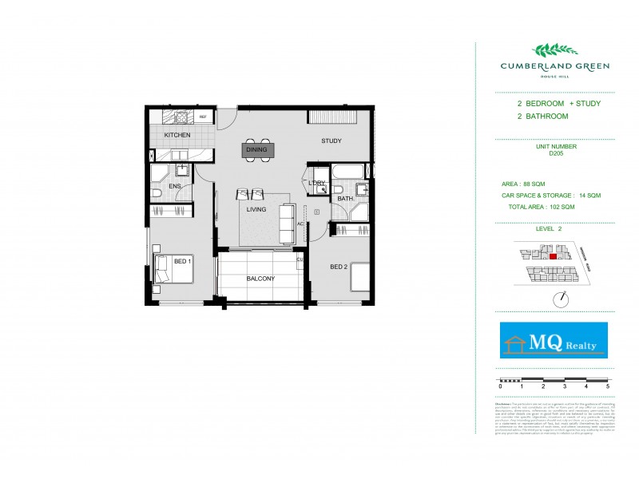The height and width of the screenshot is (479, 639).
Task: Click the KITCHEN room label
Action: tap(177, 135)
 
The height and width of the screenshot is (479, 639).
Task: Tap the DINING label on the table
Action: tap(257, 149)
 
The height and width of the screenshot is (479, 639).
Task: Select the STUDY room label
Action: tap(331, 141)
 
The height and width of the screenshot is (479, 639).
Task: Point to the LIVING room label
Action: tap(256, 210)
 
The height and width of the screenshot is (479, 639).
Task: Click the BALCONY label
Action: tap(260, 279)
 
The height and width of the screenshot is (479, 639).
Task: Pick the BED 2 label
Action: tap(339, 267)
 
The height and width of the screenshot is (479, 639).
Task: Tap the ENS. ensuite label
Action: tap(175, 187)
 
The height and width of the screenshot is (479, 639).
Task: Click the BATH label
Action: tap(345, 198)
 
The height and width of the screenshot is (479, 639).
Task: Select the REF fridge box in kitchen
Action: tap(203, 117)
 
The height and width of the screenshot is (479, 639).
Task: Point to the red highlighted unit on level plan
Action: tap(553, 257)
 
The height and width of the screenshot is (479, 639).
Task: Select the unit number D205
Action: tap(556, 153)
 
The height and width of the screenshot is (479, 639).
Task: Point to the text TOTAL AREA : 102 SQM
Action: tap(541, 207)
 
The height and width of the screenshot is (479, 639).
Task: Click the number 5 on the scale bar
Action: tap(608, 386)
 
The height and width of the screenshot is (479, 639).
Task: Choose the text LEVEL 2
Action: tap(550, 228)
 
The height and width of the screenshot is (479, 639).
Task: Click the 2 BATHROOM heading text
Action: tap(542, 117)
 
